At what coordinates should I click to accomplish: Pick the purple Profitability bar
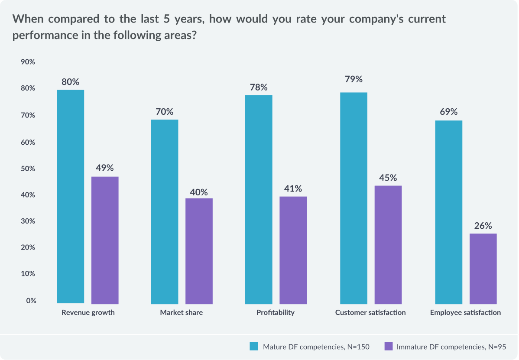tap(293, 250)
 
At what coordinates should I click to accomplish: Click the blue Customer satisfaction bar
tap(354, 198)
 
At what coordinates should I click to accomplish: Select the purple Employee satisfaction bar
tap(483, 268)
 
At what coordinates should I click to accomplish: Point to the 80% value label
tap(71, 82)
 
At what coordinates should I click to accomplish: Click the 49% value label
tap(105, 168)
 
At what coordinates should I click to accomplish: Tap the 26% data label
tap(483, 226)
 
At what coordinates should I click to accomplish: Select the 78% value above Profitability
tap(259, 87)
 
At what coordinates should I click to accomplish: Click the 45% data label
tap(388, 178)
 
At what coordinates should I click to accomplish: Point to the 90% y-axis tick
tap(28, 62)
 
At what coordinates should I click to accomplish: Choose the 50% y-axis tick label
tap(28, 168)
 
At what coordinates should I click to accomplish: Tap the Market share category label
tap(181, 312)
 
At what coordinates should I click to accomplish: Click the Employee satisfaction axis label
tap(465, 312)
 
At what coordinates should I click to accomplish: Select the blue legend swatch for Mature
tap(254, 346)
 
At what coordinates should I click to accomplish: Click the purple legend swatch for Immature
tap(388, 346)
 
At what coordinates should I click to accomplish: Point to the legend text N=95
tap(497, 346)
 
